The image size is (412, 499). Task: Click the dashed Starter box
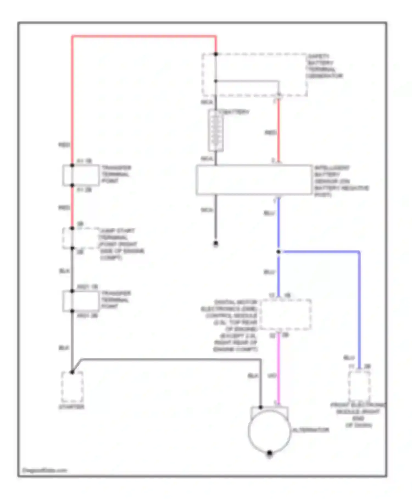coord(72,387)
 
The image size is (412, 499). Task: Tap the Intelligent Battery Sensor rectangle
coord(254,180)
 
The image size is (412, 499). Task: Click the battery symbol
coord(216,130)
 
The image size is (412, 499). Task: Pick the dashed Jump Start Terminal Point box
coord(80,238)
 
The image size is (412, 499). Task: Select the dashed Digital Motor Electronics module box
coord(286,314)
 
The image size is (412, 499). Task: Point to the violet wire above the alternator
coord(278,369)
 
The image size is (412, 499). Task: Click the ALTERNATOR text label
coord(311,430)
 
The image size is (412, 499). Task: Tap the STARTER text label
coord(71,407)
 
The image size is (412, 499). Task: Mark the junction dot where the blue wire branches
coord(278,252)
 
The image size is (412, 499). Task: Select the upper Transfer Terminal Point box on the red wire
coord(81,175)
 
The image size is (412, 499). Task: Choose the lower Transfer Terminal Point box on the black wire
coord(80,301)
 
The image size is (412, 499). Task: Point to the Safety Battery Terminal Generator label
coord(324,66)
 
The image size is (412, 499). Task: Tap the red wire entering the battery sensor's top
coord(278,132)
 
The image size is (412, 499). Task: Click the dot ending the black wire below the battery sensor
coord(216,243)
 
